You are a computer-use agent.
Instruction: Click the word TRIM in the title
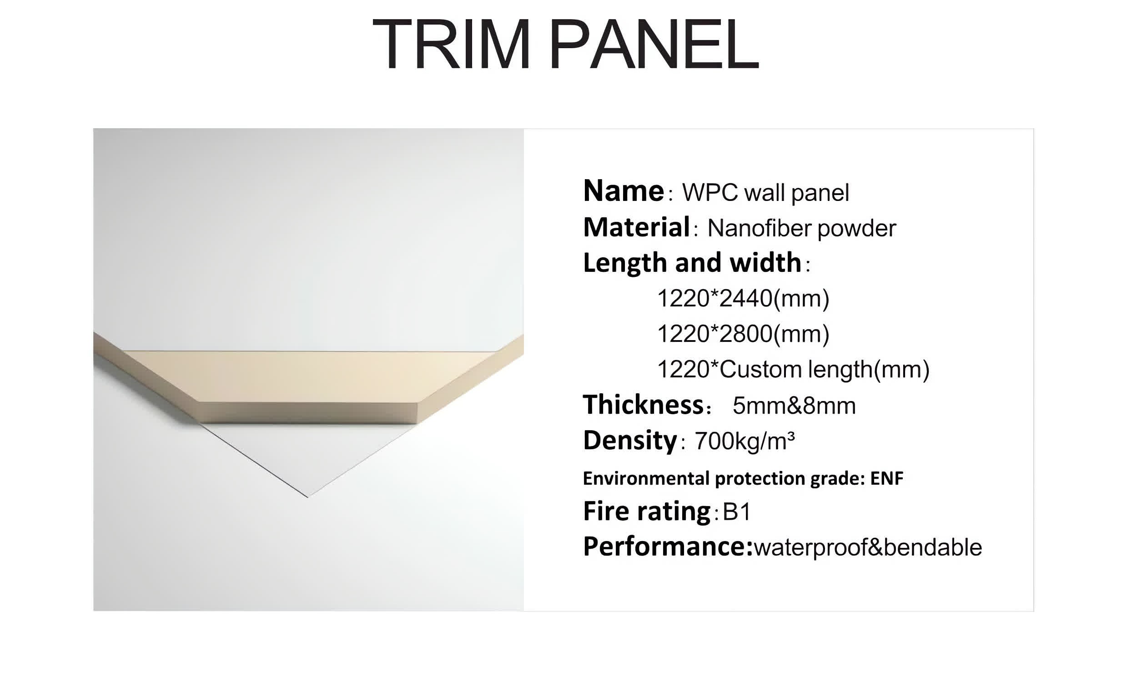coord(451,44)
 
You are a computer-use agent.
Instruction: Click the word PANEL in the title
coord(654,44)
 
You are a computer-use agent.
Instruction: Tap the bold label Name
coord(623,191)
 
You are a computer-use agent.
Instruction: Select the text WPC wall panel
coord(765,193)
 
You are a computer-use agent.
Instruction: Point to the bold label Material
coord(636,227)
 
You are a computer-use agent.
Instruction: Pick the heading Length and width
coord(692,263)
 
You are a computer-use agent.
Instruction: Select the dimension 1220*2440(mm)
coord(743,298)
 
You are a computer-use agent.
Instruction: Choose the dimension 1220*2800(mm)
coord(743,334)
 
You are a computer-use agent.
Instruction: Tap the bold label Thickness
coord(643,405)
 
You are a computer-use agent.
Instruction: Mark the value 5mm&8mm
coord(794,406)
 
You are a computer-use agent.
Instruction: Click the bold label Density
coord(630,441)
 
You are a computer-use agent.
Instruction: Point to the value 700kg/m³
coord(745,441)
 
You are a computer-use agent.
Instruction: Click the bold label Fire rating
coord(646,511)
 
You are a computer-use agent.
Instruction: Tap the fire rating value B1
coord(736,511)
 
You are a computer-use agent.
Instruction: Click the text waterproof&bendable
coord(868,547)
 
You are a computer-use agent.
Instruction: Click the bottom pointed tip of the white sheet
coord(308,497)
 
